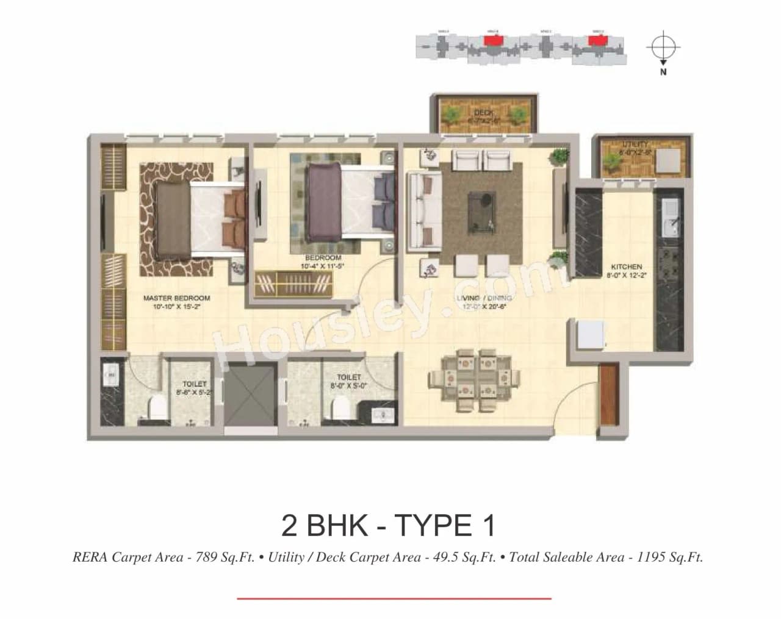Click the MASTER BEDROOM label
(176, 298)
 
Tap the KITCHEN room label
(626, 267)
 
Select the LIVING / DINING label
(484, 298)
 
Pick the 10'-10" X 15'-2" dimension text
(176, 307)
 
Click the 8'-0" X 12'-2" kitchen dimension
(626, 276)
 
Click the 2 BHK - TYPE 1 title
(389, 525)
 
